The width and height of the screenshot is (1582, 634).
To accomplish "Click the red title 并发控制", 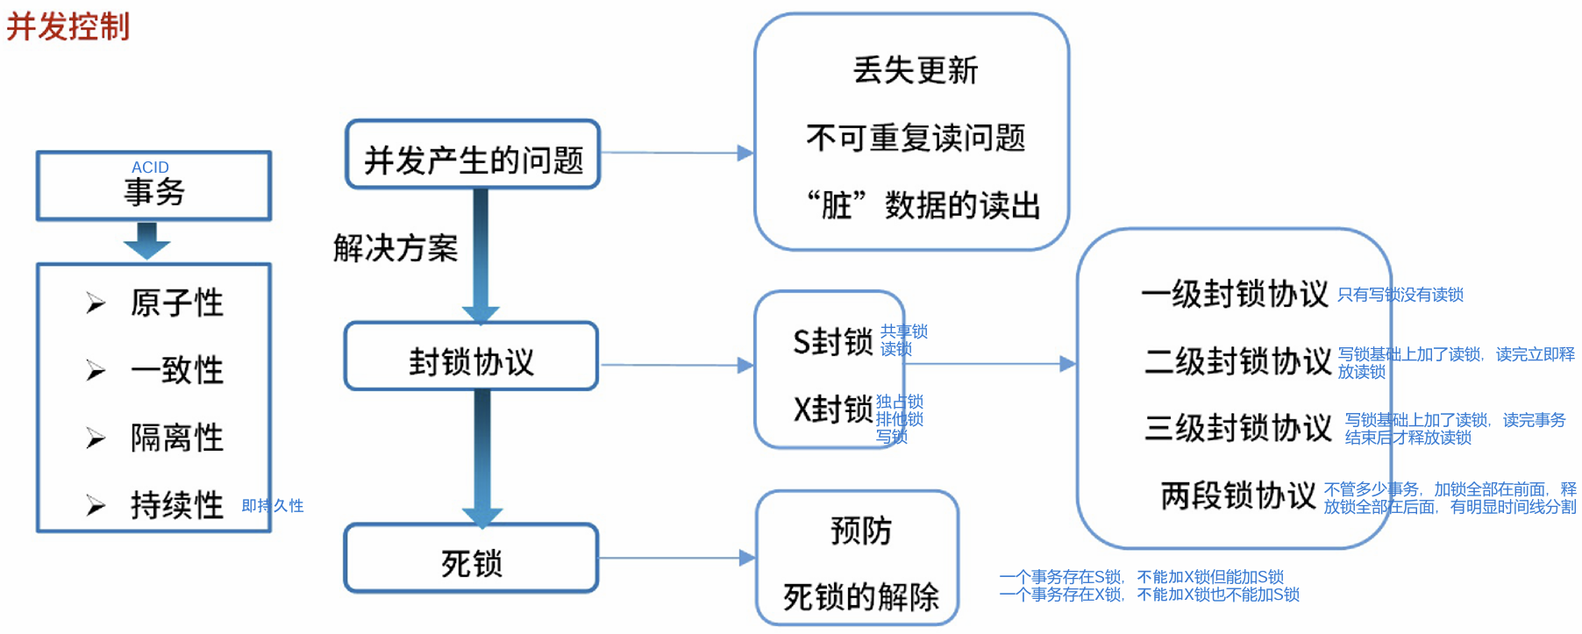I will (68, 26).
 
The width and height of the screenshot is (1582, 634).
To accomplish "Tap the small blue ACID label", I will (150, 167).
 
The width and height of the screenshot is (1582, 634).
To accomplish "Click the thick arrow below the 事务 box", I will (146, 240).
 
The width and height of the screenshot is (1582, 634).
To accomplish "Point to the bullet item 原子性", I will (176, 303).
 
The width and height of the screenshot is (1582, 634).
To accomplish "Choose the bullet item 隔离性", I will (176, 438).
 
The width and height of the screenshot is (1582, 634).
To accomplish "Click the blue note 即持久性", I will (273, 506).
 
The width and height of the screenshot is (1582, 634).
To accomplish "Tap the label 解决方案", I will (395, 249).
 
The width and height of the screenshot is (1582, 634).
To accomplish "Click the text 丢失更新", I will (915, 70).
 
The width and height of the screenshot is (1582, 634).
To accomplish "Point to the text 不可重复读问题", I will (915, 138).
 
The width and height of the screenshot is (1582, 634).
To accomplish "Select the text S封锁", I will (832, 342).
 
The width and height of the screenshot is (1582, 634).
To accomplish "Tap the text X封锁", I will (832, 410).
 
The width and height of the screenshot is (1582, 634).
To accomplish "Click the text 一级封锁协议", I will (1235, 294).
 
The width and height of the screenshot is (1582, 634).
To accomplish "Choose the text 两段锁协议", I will (1238, 495).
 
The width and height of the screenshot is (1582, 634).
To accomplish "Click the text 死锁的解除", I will (860, 597).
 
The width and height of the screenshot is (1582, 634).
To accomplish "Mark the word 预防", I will (860, 531).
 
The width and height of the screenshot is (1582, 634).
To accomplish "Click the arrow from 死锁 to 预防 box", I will (675, 558).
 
